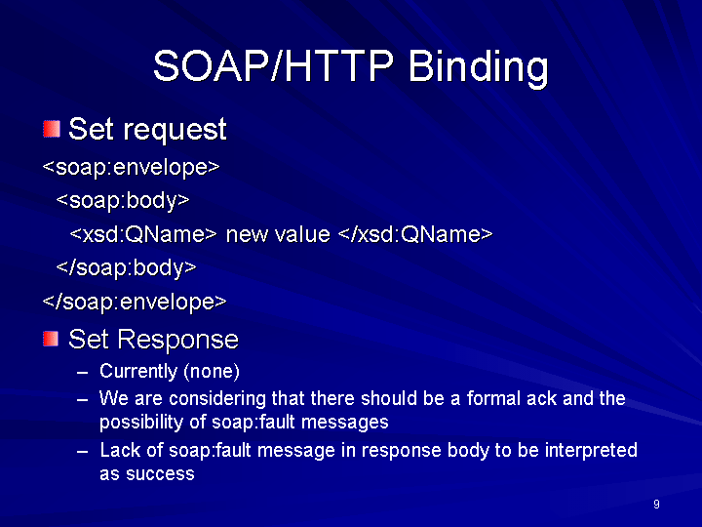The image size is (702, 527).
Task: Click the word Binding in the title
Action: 478,67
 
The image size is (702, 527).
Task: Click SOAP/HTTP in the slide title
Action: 273,66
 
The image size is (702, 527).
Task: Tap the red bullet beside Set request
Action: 52,129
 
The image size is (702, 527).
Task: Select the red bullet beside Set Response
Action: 51,339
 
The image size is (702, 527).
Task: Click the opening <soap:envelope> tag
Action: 132,167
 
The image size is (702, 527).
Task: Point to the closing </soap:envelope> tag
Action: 135,302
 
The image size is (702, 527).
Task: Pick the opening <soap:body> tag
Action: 123,200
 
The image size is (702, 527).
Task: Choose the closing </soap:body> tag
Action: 126,267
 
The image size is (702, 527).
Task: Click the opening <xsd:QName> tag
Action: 143,234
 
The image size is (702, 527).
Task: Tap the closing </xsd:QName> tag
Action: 415,234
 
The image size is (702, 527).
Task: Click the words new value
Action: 278,234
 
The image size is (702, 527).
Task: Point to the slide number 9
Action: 656,505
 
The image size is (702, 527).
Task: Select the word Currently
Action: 138,371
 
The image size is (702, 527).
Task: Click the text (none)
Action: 212,372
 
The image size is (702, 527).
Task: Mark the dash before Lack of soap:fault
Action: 82,451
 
